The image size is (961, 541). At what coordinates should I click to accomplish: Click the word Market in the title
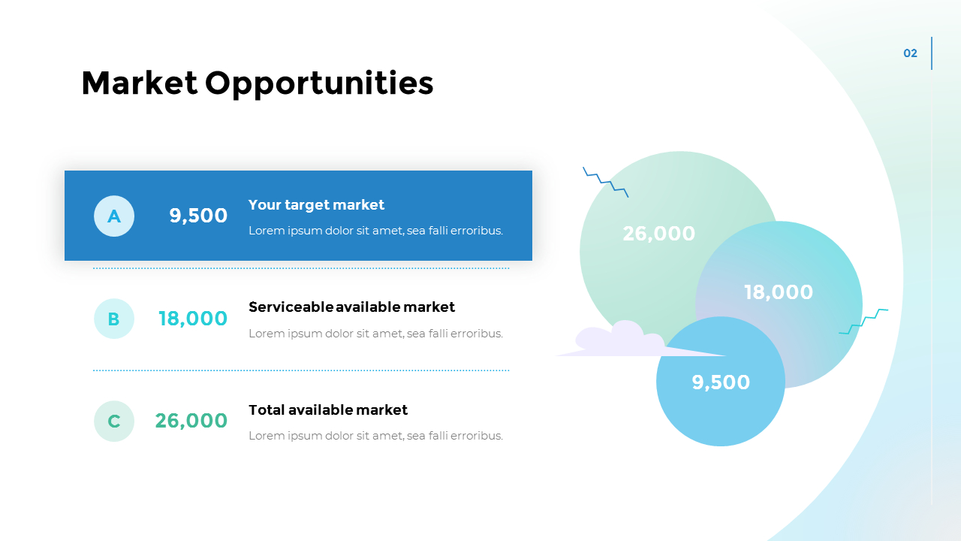140,83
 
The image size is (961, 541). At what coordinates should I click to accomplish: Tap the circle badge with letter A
114,216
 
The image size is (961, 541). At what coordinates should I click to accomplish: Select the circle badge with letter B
114,319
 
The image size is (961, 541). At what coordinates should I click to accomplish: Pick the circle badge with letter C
114,421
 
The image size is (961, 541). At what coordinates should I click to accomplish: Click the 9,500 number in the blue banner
198,216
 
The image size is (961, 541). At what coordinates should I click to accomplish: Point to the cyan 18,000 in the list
193,319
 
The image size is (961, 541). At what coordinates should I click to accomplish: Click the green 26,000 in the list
191,421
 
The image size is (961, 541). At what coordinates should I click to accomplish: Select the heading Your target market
316,204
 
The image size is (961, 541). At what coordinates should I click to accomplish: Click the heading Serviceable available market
351,307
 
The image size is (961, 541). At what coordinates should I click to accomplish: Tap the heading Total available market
328,410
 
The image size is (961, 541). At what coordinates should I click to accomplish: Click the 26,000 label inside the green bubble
659,234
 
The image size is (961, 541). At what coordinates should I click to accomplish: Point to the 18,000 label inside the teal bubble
779,292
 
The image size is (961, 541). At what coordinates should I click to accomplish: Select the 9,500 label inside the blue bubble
721,382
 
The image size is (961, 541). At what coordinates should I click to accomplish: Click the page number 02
910,53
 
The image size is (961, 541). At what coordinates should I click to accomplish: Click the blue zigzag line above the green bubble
605,181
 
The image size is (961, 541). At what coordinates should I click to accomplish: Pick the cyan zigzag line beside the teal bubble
863,321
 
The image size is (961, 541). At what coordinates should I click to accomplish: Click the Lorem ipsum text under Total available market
375,436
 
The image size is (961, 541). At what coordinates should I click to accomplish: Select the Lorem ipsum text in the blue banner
375,231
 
